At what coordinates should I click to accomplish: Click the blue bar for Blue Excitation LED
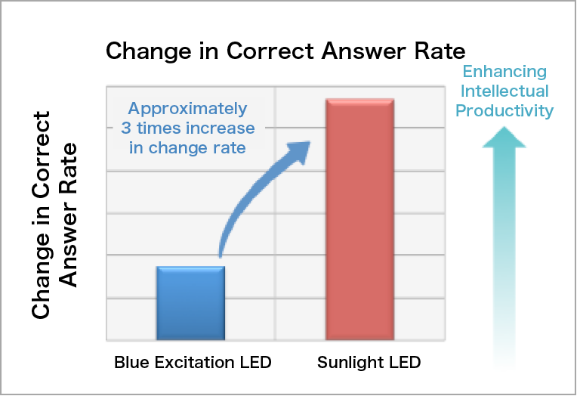click(190, 303)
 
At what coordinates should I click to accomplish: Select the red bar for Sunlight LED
click(360, 219)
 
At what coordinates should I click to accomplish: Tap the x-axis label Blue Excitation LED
click(193, 363)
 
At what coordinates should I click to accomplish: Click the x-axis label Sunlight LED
click(369, 363)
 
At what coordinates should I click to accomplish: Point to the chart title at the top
click(285, 51)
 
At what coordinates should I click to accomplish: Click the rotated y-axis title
click(54, 215)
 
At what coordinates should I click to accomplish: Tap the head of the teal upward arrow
click(504, 138)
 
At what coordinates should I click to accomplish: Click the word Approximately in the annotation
click(187, 109)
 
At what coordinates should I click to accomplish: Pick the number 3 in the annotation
click(126, 128)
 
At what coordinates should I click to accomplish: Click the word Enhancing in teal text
click(504, 72)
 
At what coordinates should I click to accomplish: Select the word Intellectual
click(504, 91)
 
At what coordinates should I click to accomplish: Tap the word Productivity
click(504, 111)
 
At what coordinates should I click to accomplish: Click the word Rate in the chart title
click(440, 51)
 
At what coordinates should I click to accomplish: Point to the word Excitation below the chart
click(194, 363)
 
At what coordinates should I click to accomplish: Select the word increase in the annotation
click(221, 128)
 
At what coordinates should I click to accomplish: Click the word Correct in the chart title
click(270, 51)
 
